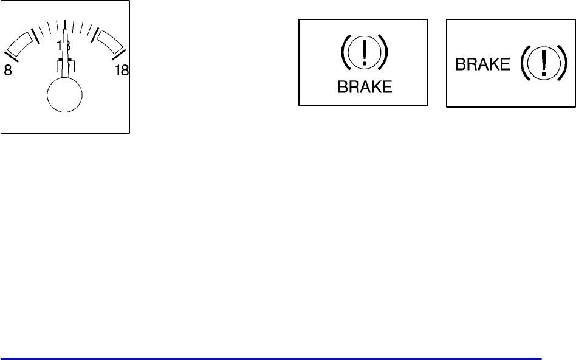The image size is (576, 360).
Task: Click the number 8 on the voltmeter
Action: (x=8, y=70)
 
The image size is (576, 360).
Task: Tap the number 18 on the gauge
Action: (x=122, y=70)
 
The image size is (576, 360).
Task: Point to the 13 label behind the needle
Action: (x=64, y=46)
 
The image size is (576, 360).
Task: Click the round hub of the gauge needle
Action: (x=64, y=96)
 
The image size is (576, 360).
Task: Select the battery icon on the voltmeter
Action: (x=65, y=66)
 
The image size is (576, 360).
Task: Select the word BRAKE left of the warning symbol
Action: (x=483, y=64)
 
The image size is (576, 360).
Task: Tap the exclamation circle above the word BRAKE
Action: (x=365, y=54)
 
